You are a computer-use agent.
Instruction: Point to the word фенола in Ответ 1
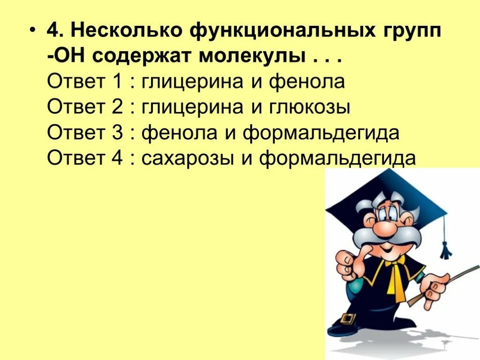(x=307, y=82)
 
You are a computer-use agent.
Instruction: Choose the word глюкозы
(x=310, y=108)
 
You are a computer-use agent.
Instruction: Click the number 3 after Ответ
(x=117, y=133)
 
